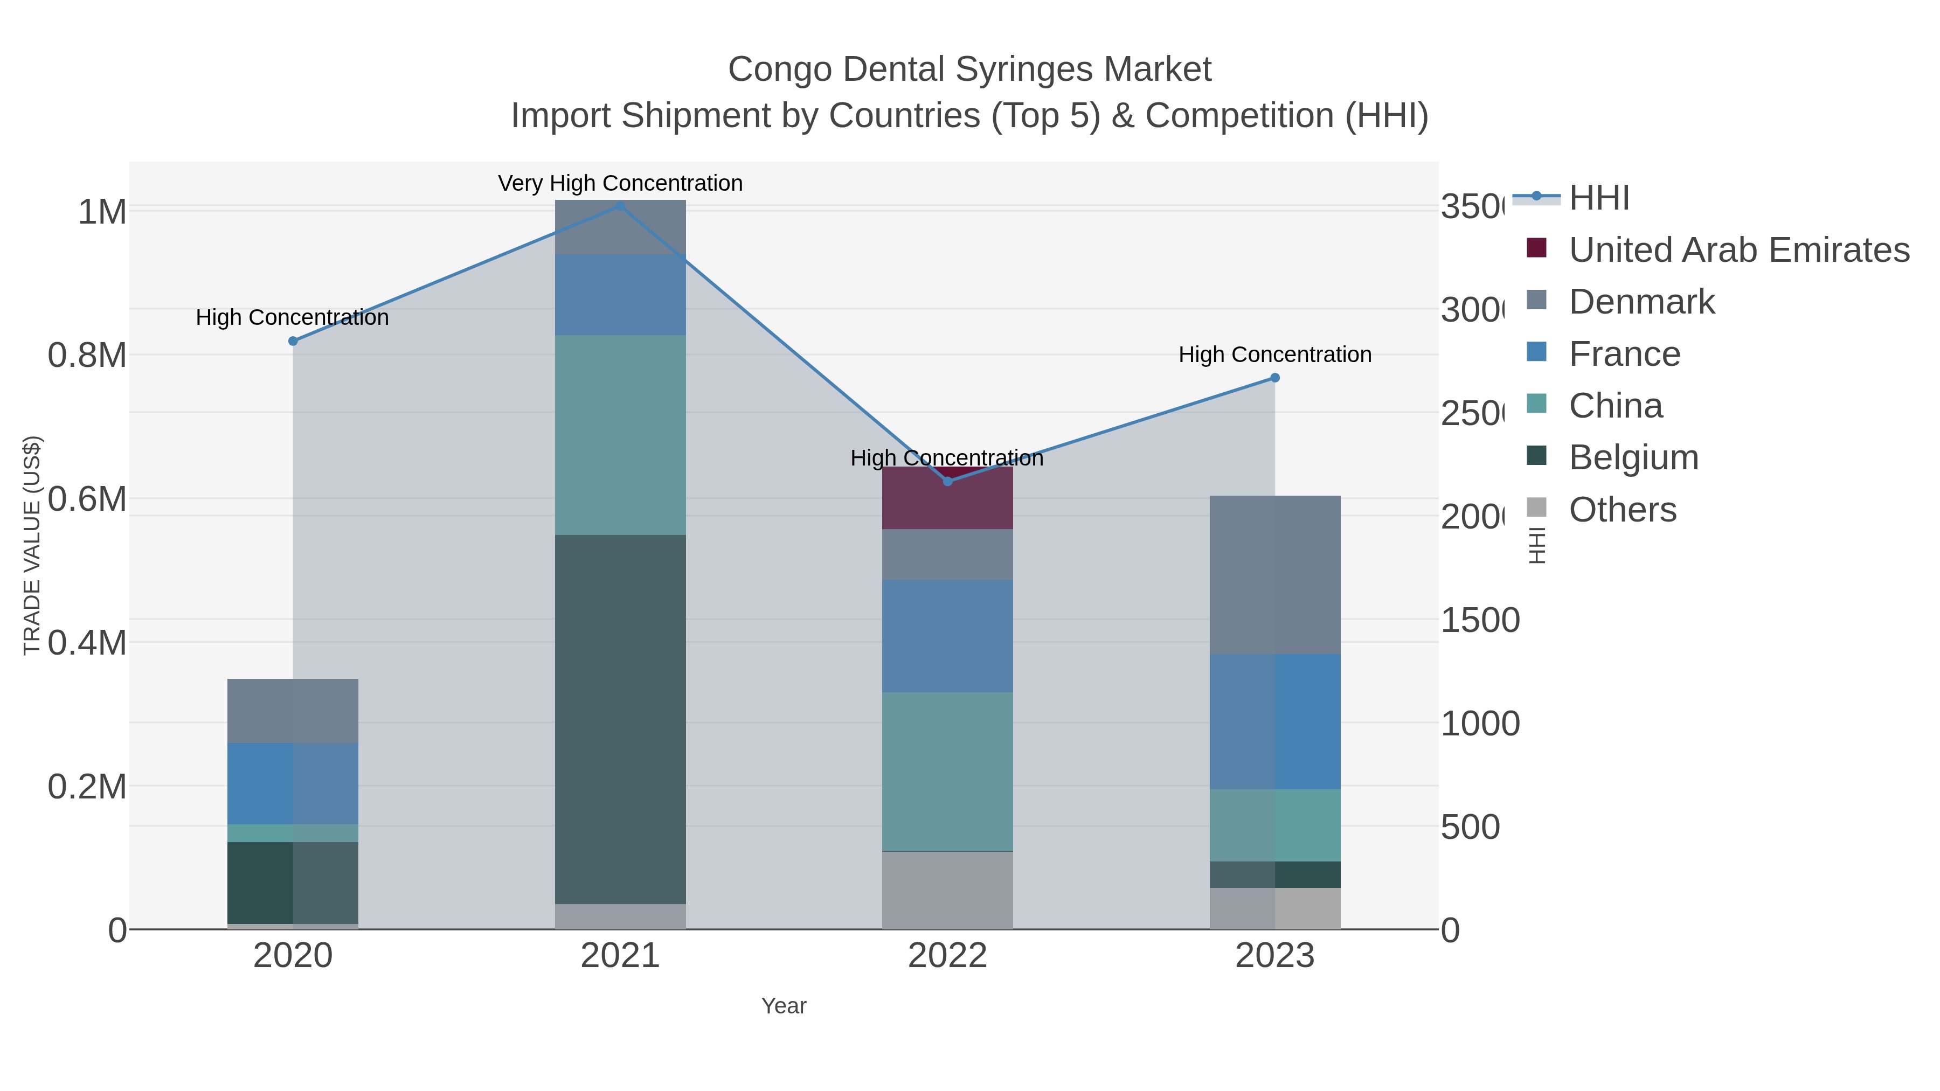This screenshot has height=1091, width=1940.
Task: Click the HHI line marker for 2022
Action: [947, 481]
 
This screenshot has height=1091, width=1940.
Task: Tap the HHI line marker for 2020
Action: [293, 341]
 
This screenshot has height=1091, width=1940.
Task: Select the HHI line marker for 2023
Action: [1274, 378]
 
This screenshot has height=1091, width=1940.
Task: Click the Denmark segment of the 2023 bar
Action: [1274, 574]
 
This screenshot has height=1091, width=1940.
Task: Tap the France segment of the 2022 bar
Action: [947, 636]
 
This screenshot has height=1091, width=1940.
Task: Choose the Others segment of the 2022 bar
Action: [947, 890]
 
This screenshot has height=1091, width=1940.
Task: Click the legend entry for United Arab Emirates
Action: [1738, 250]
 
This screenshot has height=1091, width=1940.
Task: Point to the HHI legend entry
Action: [1598, 198]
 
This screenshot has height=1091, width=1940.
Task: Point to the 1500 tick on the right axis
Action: [1480, 621]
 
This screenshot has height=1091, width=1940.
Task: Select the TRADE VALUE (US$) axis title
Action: [32, 545]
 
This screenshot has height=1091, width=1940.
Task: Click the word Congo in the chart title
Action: [778, 70]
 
